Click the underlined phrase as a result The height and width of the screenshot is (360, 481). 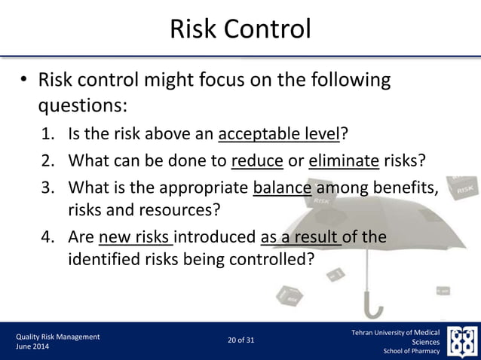point(301,238)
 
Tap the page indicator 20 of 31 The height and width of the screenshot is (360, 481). point(240,340)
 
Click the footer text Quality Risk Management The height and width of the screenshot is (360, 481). point(58,336)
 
